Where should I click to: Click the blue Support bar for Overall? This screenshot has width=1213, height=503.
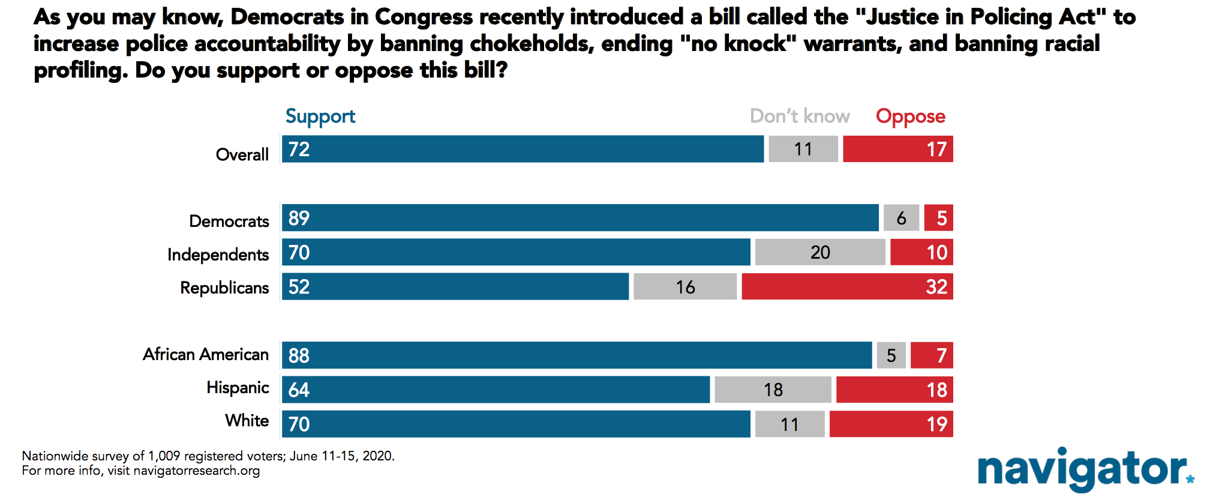(523, 149)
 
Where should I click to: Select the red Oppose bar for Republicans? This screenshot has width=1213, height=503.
(847, 286)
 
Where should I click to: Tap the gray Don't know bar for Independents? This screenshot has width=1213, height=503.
(820, 252)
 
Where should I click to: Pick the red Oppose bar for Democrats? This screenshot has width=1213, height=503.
(938, 218)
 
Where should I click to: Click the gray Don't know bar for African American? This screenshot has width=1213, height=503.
(891, 355)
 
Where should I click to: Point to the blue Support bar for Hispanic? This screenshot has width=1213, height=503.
(496, 390)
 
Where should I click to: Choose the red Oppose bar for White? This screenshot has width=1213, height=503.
(891, 424)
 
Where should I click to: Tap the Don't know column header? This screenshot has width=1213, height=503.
(800, 116)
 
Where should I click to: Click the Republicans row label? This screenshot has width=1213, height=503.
(224, 288)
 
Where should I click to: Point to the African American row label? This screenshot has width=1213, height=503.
(206, 354)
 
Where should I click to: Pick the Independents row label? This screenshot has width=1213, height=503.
(218, 255)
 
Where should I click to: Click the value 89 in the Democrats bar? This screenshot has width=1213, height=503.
(299, 218)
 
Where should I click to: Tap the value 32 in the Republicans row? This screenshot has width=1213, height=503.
(936, 287)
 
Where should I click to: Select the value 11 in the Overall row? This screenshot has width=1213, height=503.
(803, 149)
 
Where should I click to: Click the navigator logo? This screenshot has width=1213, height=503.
(1086, 470)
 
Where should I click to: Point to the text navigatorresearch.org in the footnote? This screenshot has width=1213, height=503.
(197, 471)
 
